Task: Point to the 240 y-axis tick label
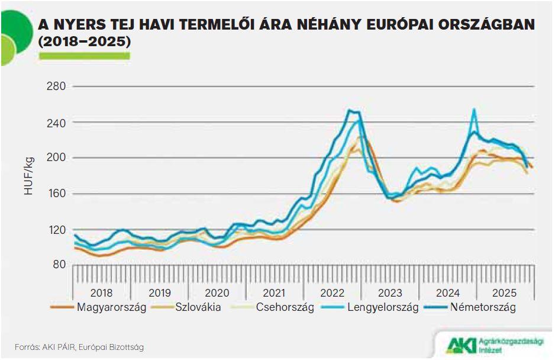point(56,123)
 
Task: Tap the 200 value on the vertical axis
point(56,158)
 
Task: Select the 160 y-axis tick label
point(56,194)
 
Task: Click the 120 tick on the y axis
point(56,230)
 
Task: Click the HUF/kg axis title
point(29,176)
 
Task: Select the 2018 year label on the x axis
point(101,293)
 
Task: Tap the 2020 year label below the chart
point(217,293)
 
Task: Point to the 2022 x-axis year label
point(332,293)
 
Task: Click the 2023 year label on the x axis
point(390,293)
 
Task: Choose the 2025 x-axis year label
point(505,293)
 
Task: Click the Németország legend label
point(482,307)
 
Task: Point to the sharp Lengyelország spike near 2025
point(473,110)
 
